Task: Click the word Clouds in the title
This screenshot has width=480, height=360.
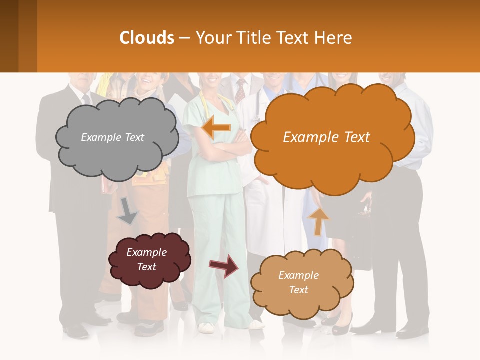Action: click(x=147, y=38)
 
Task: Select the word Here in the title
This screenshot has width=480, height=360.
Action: click(x=333, y=38)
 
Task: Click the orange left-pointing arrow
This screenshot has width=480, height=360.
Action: click(x=216, y=128)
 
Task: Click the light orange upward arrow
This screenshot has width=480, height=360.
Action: click(x=318, y=221)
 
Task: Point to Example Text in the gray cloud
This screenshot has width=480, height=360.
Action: click(x=113, y=137)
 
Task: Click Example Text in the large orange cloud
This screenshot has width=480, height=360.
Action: click(x=326, y=137)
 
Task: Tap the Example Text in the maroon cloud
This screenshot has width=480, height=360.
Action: click(x=147, y=259)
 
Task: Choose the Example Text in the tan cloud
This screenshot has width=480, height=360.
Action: click(x=298, y=282)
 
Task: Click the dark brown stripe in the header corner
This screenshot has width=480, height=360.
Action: click(x=9, y=36)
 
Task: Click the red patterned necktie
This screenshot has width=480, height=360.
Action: click(x=241, y=91)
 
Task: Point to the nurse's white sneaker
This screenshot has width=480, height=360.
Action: click(x=206, y=327)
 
